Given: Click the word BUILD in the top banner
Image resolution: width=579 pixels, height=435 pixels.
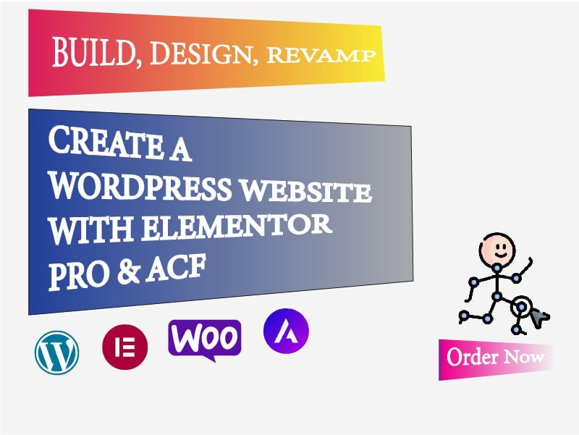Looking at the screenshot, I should coord(93,53).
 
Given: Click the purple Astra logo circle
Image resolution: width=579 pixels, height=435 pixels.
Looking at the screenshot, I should coord(286,331).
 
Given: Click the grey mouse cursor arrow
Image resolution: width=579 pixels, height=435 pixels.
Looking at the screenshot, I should coord(538,316).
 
